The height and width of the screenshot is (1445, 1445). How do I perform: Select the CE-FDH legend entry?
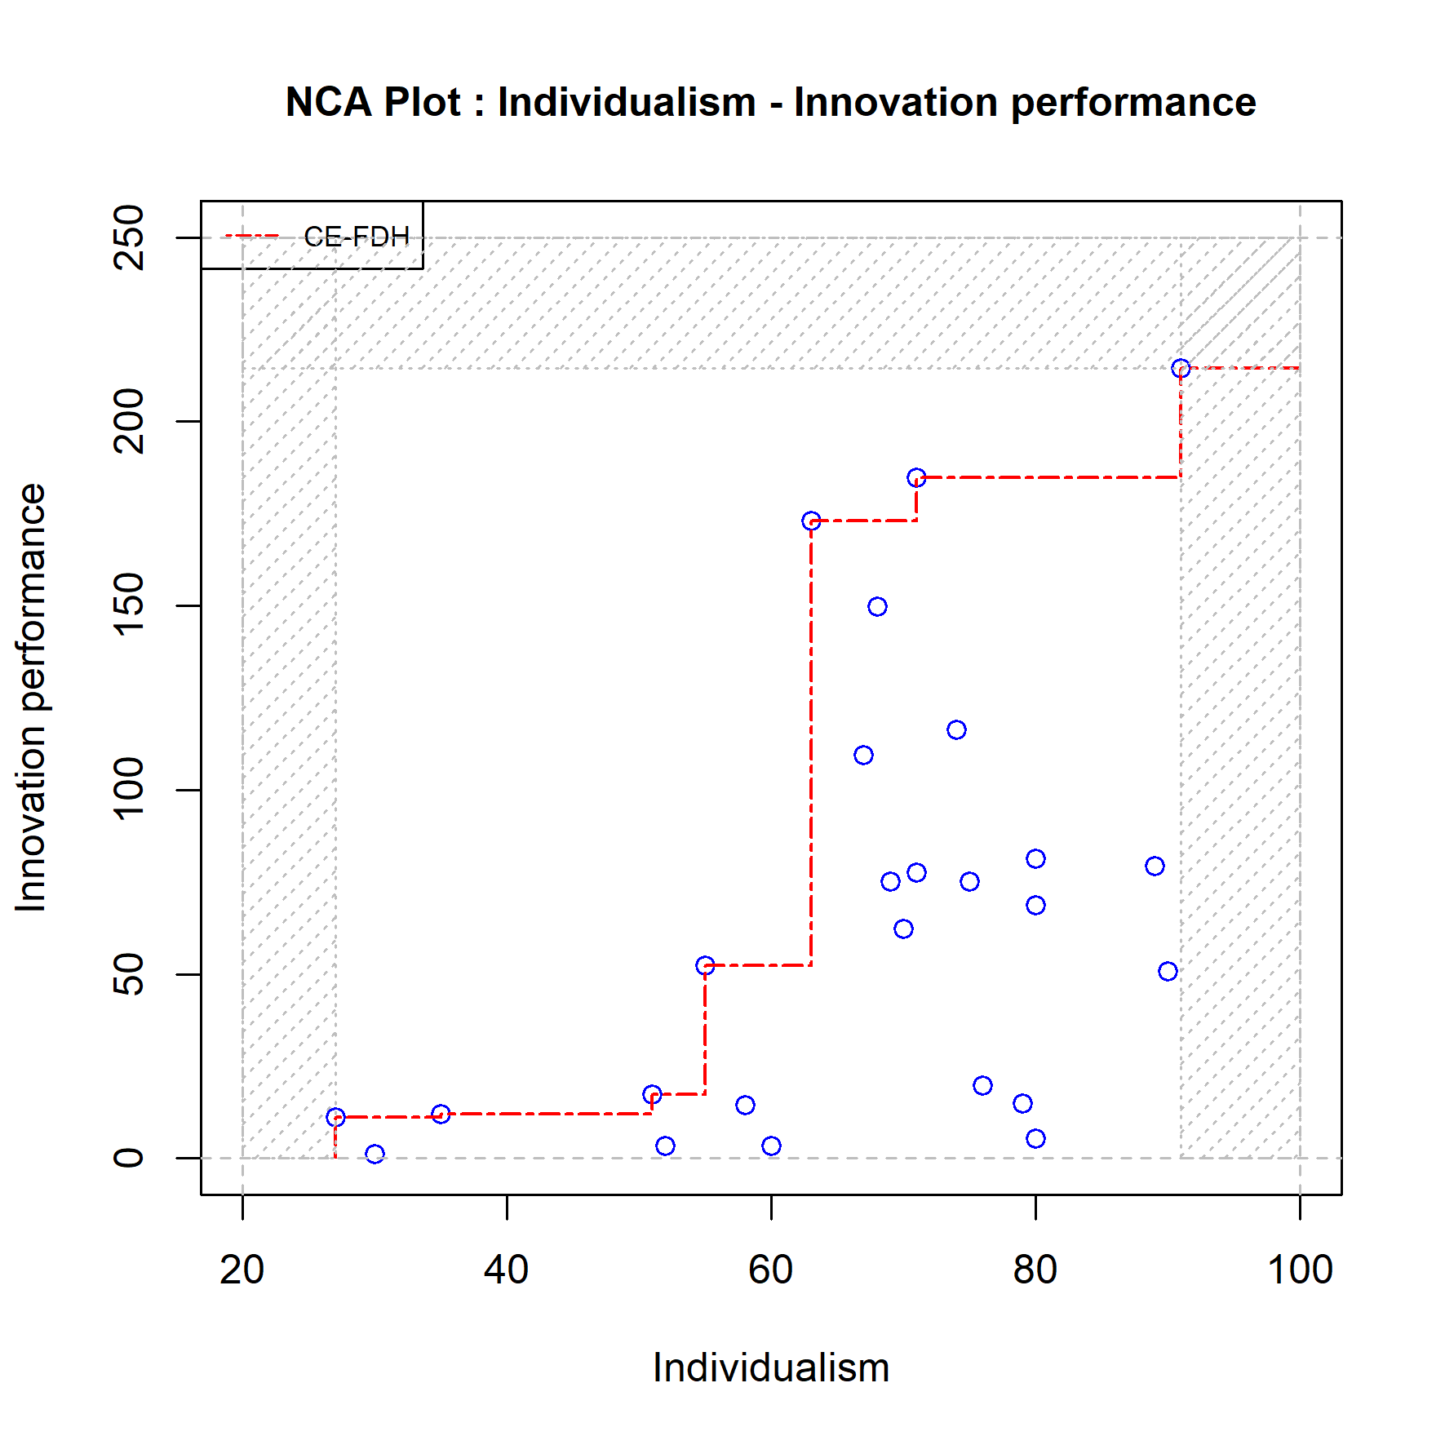tap(356, 237)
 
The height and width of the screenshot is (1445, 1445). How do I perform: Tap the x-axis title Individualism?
tap(770, 1367)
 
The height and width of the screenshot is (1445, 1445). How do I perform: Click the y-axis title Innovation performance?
tap(31, 698)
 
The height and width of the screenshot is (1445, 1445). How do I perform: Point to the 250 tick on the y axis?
tap(129, 237)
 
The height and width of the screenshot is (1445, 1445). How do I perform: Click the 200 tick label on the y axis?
tap(129, 421)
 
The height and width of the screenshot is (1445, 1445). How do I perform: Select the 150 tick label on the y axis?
tap(129, 605)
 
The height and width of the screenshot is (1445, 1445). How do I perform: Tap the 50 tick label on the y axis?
tap(129, 973)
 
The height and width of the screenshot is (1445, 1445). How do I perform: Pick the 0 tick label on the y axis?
tap(129, 1158)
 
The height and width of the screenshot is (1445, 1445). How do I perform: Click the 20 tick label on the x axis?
tap(242, 1270)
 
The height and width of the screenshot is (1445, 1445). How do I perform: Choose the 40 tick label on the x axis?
tap(507, 1270)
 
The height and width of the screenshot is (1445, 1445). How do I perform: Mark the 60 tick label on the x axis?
tap(771, 1270)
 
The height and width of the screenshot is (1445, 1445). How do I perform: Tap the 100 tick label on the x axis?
tap(1300, 1270)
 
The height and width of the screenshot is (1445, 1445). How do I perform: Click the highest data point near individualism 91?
tap(1181, 369)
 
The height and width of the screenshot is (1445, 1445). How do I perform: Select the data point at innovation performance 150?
tap(877, 606)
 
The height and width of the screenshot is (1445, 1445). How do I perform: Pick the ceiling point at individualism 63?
tap(811, 521)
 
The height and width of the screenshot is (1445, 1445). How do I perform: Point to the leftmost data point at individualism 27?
tap(335, 1117)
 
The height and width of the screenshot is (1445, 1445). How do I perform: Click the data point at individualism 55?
tap(705, 965)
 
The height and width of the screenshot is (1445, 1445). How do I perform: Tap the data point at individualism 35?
tap(441, 1114)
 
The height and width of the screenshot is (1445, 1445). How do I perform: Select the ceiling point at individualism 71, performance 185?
tap(916, 477)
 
